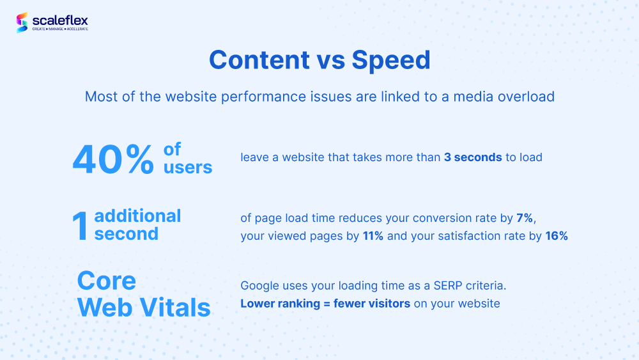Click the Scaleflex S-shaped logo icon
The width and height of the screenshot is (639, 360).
(22, 22)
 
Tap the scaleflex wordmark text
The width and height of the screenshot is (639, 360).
(60, 20)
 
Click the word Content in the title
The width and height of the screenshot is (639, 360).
(259, 60)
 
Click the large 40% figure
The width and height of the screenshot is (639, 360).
(113, 160)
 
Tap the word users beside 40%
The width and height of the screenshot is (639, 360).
(188, 168)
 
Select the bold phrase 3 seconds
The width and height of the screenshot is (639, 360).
(473, 157)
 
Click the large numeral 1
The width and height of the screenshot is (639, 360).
(81, 226)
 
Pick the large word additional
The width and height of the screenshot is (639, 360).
(137, 215)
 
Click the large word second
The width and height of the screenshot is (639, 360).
(127, 234)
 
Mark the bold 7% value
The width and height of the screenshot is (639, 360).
(525, 218)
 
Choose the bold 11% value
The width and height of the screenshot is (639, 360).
(373, 236)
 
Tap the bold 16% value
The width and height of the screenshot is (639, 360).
(557, 236)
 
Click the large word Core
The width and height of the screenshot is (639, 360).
(106, 281)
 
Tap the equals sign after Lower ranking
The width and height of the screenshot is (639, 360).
(327, 304)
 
